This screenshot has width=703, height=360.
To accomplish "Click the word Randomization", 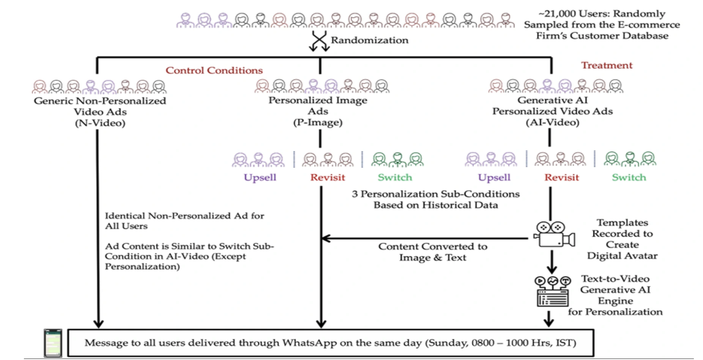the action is pos(369,40).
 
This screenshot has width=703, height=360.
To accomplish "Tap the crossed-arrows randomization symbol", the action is pos(319,41).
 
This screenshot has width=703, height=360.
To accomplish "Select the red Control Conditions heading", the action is pos(214,70).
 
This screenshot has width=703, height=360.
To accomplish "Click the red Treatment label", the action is pos(607,65).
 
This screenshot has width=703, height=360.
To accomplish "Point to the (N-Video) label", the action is pos(100,123).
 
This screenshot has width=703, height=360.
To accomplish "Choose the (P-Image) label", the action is pos(318,122).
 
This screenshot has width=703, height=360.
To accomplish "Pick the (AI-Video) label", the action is pos(552,122).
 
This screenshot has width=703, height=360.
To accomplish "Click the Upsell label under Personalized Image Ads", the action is pos(260,177).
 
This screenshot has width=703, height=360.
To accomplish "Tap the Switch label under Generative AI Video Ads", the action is pos(629,177).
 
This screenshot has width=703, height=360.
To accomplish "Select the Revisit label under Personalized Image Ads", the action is pos(328,177).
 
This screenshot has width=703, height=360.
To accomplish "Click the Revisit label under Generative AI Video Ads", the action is pos(561,177).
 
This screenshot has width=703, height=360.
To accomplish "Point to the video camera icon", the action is pos(554,234).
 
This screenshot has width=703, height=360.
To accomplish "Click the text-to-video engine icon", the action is pos(553,291).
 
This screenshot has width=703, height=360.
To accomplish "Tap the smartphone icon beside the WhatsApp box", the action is pos(53,343).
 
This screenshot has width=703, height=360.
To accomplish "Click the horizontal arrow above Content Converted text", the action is pos(425,238).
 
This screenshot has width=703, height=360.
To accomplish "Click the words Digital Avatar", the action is pos(622,256).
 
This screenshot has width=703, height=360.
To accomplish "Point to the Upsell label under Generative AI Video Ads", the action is pos(494,177).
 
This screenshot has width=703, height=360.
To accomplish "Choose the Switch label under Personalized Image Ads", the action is pos(395,177).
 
